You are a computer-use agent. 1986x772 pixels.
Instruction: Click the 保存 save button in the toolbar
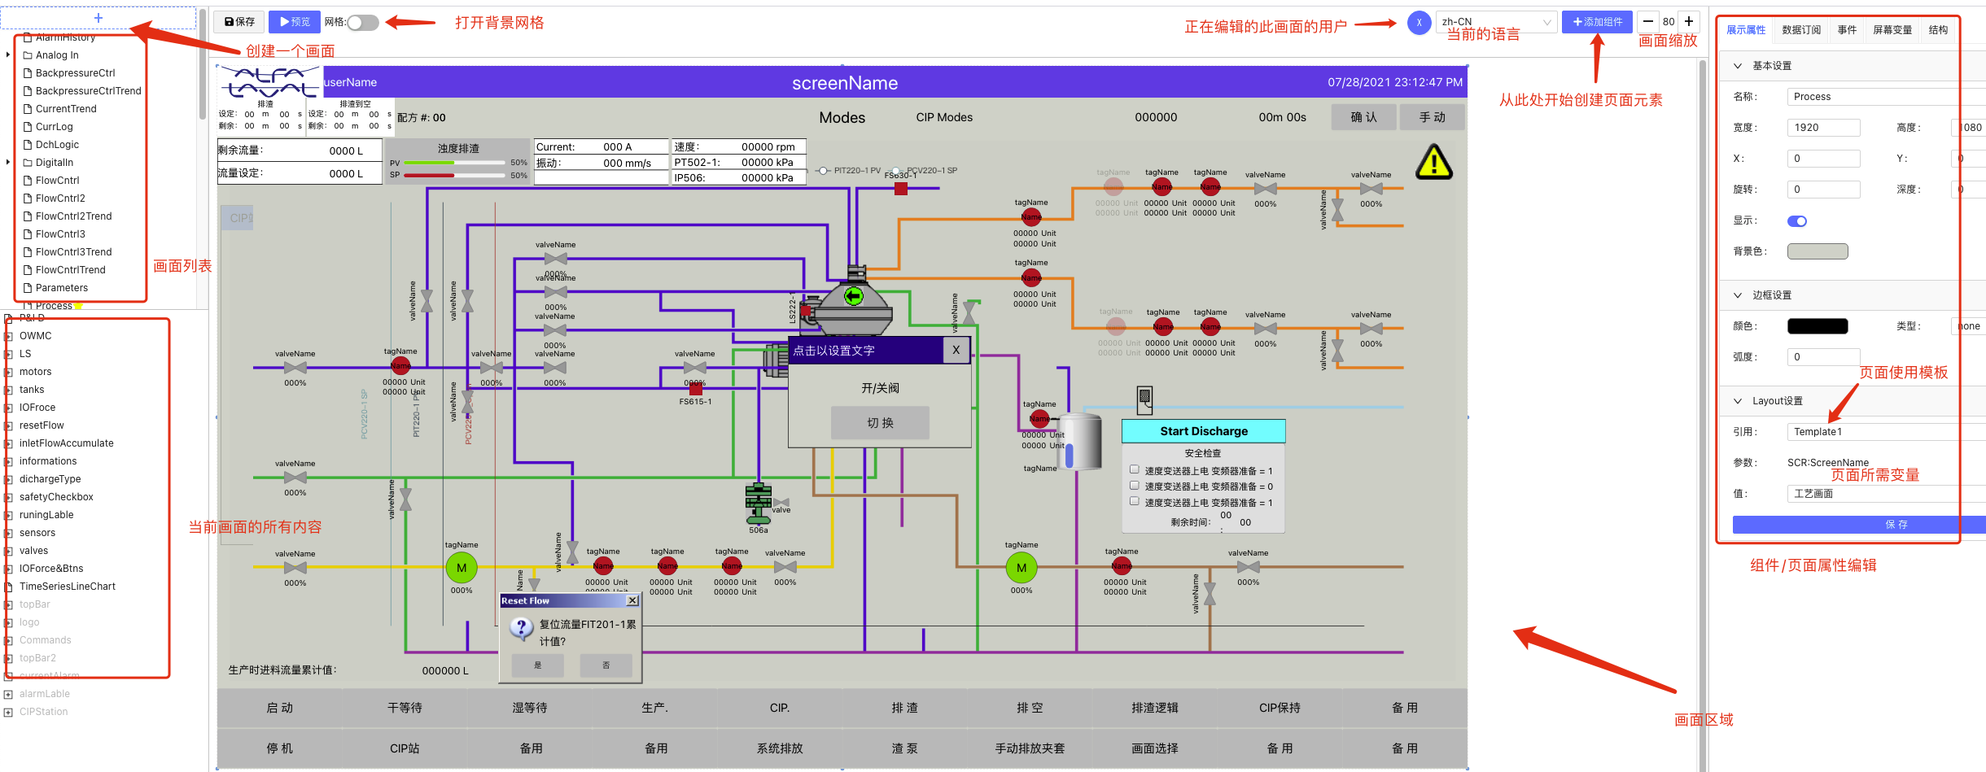click(x=239, y=22)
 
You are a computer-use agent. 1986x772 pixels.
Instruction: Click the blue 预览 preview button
click(x=295, y=22)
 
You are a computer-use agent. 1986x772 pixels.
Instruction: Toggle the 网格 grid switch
click(x=363, y=23)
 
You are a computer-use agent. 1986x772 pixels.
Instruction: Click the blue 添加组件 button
click(x=1597, y=22)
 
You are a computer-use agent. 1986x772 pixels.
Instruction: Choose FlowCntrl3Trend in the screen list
click(x=73, y=252)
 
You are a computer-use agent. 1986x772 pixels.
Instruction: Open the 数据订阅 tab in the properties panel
click(x=1801, y=30)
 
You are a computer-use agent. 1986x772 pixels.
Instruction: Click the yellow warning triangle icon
click(x=1433, y=162)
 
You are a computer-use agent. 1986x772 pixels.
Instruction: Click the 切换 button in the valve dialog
click(x=880, y=423)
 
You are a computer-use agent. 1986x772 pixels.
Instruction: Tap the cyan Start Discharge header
click(x=1203, y=431)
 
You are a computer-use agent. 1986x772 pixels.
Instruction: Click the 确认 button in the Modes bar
click(x=1363, y=117)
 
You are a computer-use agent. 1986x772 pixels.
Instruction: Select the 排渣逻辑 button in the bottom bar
click(x=1154, y=708)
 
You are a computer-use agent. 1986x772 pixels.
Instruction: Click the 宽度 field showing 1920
click(x=1823, y=128)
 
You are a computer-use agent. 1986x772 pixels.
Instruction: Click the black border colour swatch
click(x=1817, y=326)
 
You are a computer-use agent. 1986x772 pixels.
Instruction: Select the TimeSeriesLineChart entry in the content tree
click(x=68, y=587)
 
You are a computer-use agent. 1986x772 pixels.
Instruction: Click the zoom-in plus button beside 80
click(x=1689, y=22)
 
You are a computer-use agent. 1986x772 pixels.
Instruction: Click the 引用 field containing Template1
click(x=1872, y=432)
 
